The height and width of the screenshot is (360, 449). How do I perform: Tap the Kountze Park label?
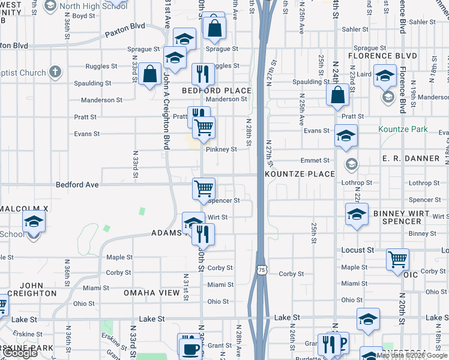coord(403,129)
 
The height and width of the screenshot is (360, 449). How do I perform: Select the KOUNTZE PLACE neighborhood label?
coord(299,174)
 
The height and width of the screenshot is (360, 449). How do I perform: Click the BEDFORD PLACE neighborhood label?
coord(217,91)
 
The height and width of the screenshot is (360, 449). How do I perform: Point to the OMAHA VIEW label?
coord(151,293)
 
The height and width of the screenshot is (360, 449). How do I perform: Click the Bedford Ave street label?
coord(77,185)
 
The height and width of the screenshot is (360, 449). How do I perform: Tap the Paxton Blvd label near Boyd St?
coord(125,26)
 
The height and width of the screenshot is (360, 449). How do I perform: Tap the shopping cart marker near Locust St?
coord(397,259)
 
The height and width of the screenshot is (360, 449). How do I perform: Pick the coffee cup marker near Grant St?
coord(191,347)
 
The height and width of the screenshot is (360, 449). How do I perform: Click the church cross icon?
coord(55,73)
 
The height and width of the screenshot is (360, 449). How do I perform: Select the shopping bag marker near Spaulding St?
coord(149,74)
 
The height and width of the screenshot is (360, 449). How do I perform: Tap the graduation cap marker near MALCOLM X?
coord(34,221)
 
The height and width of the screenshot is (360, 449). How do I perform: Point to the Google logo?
coord(20,353)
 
